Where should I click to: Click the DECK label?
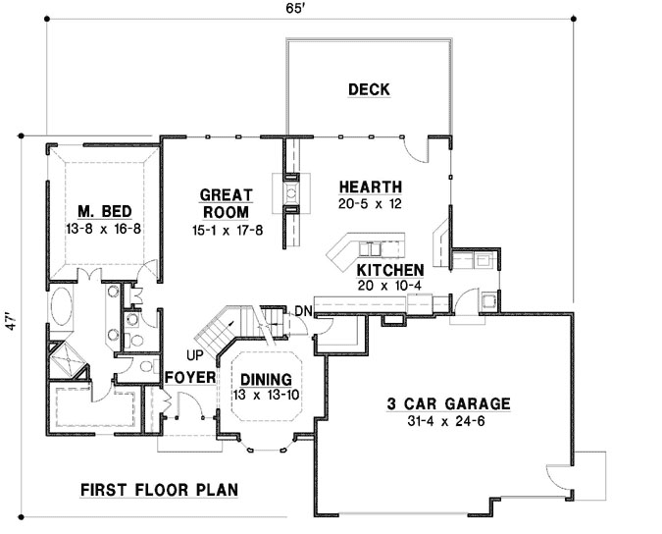(x=369, y=90)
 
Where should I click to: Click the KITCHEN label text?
(x=389, y=270)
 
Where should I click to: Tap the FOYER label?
(x=183, y=378)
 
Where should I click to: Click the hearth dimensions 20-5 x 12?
(x=371, y=203)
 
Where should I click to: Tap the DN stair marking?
(x=302, y=312)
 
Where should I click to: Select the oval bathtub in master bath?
(x=61, y=308)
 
